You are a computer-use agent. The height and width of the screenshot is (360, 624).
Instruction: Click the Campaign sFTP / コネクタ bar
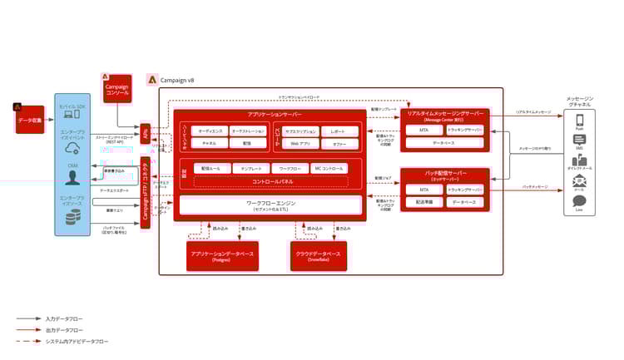pos(146,192)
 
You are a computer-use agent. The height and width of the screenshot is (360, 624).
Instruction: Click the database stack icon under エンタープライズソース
pos(72,219)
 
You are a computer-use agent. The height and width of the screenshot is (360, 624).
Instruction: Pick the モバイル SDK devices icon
pos(72,120)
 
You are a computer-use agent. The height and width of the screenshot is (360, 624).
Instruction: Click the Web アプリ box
pos(300,144)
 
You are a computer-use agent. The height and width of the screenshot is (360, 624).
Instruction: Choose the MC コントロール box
pos(328,169)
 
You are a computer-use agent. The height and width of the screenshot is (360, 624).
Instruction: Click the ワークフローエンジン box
pos(271,204)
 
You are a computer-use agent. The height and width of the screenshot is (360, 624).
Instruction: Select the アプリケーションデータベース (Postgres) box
pos(221,254)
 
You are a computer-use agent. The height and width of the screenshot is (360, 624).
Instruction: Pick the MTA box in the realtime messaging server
pos(423,131)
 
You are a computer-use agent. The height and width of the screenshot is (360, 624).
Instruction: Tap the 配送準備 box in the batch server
pos(423,202)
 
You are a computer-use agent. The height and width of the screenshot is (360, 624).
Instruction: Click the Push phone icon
pos(579,121)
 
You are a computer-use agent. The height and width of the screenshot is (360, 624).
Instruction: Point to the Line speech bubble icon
pos(579,200)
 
